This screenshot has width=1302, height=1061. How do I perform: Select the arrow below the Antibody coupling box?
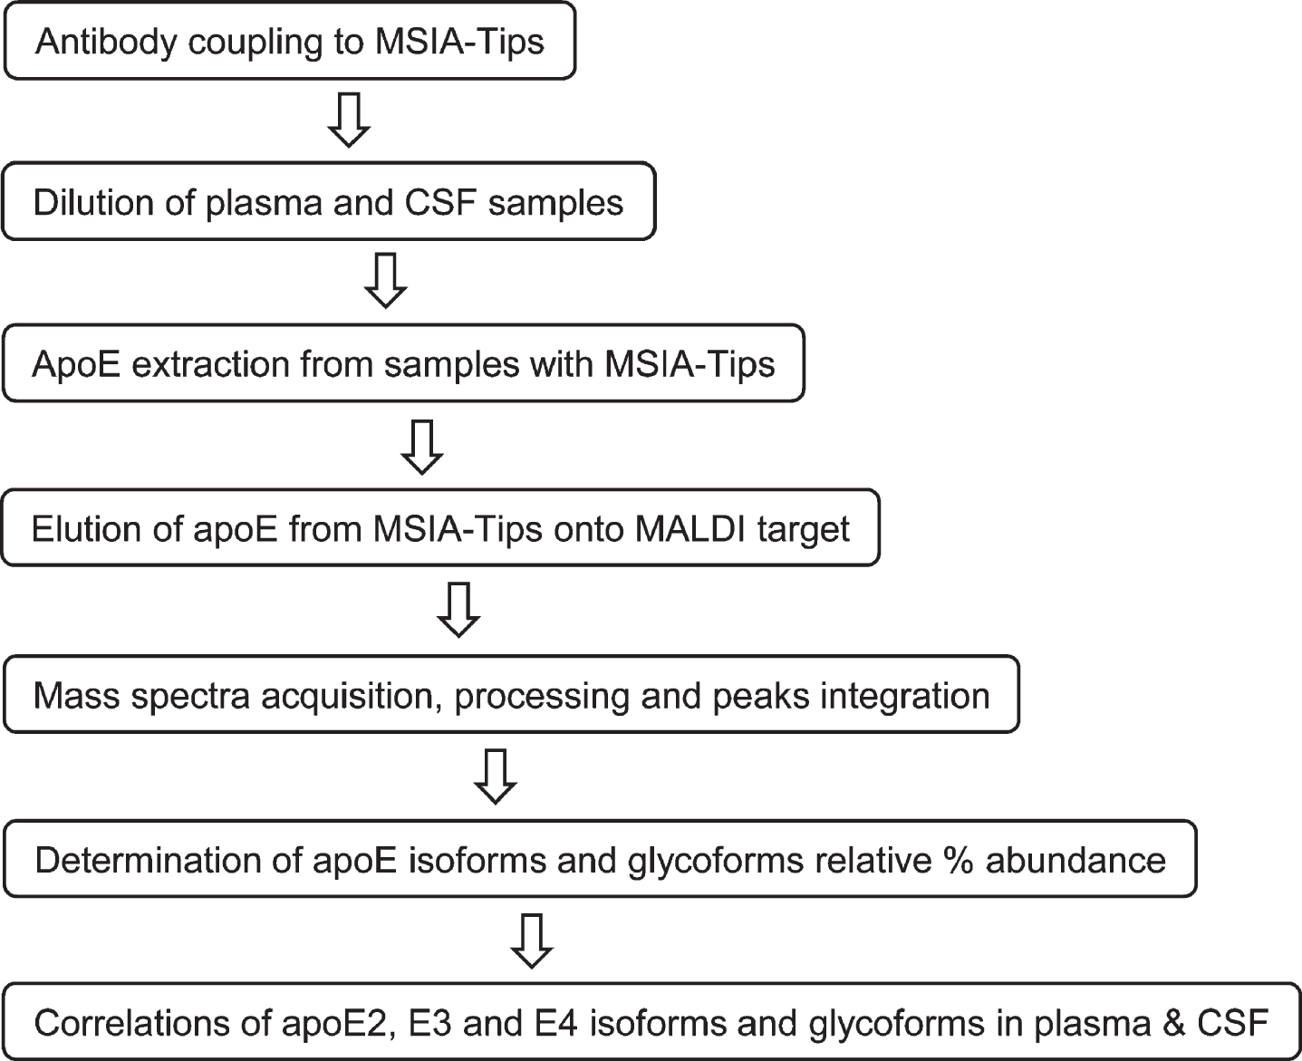pyautogui.click(x=349, y=120)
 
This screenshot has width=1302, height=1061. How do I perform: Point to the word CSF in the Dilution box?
pyautogui.click(x=440, y=202)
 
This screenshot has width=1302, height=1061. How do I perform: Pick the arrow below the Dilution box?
pyautogui.click(x=385, y=281)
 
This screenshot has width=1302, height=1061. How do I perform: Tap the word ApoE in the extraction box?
pyautogui.click(x=76, y=364)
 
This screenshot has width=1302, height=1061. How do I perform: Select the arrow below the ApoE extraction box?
pyautogui.click(x=422, y=447)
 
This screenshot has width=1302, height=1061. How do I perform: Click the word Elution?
pyautogui.click(x=86, y=528)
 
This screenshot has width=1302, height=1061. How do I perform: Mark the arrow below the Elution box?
pyautogui.click(x=458, y=610)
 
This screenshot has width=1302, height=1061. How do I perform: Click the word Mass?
pyautogui.click(x=76, y=696)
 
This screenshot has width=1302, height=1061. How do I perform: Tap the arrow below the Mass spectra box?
pyautogui.click(x=495, y=776)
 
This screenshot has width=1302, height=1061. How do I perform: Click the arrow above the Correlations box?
pyautogui.click(x=532, y=941)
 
